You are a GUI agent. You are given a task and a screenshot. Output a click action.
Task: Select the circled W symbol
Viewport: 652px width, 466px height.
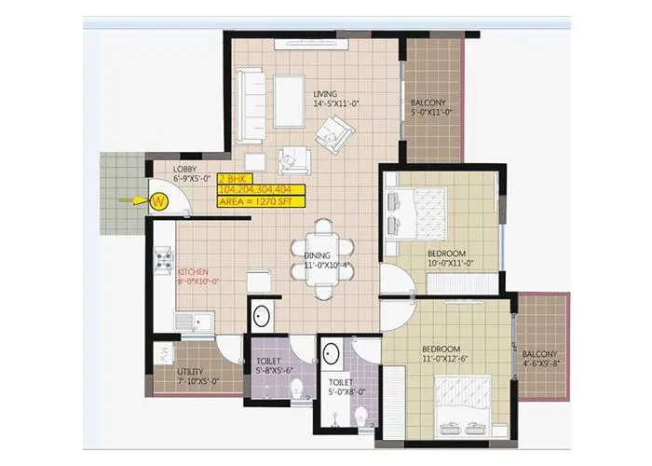click(x=159, y=199)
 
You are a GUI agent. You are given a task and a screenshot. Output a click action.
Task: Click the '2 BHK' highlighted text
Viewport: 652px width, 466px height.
click(x=232, y=178)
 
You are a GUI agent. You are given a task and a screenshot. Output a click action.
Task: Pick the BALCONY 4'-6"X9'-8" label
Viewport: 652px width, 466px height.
click(x=540, y=360)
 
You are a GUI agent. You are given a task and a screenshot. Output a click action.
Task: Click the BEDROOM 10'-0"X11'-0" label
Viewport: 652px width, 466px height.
click(x=448, y=258)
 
